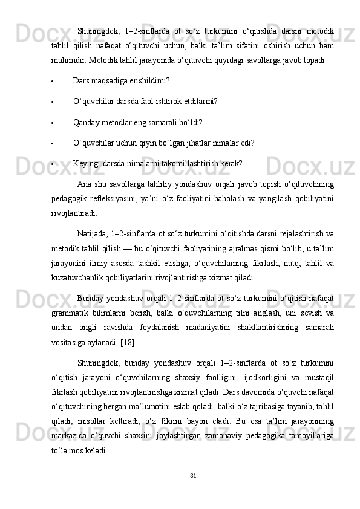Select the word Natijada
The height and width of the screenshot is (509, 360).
tap(93, 234)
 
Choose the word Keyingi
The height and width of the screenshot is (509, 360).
tap(86, 163)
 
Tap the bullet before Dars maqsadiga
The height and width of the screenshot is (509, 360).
tap(54, 81)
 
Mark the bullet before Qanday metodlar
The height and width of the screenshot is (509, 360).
tap(54, 123)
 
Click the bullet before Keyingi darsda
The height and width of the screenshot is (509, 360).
tap(54, 164)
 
